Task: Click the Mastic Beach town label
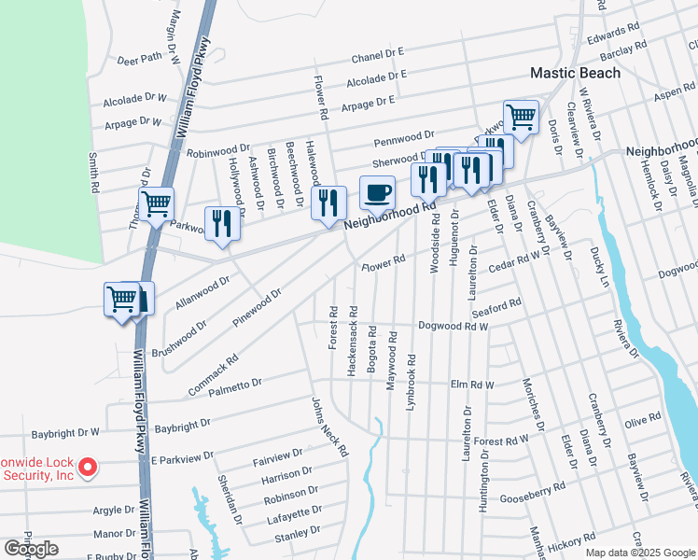(x=575, y=72)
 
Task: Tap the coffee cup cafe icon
(x=377, y=193)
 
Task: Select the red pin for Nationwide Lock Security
(x=88, y=467)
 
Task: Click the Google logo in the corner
(x=31, y=549)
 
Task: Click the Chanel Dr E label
(x=377, y=57)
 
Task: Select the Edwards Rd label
(x=612, y=31)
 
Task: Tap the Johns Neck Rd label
(x=329, y=427)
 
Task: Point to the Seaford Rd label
(x=496, y=307)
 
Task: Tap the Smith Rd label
(x=94, y=173)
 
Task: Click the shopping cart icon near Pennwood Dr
(x=521, y=117)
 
